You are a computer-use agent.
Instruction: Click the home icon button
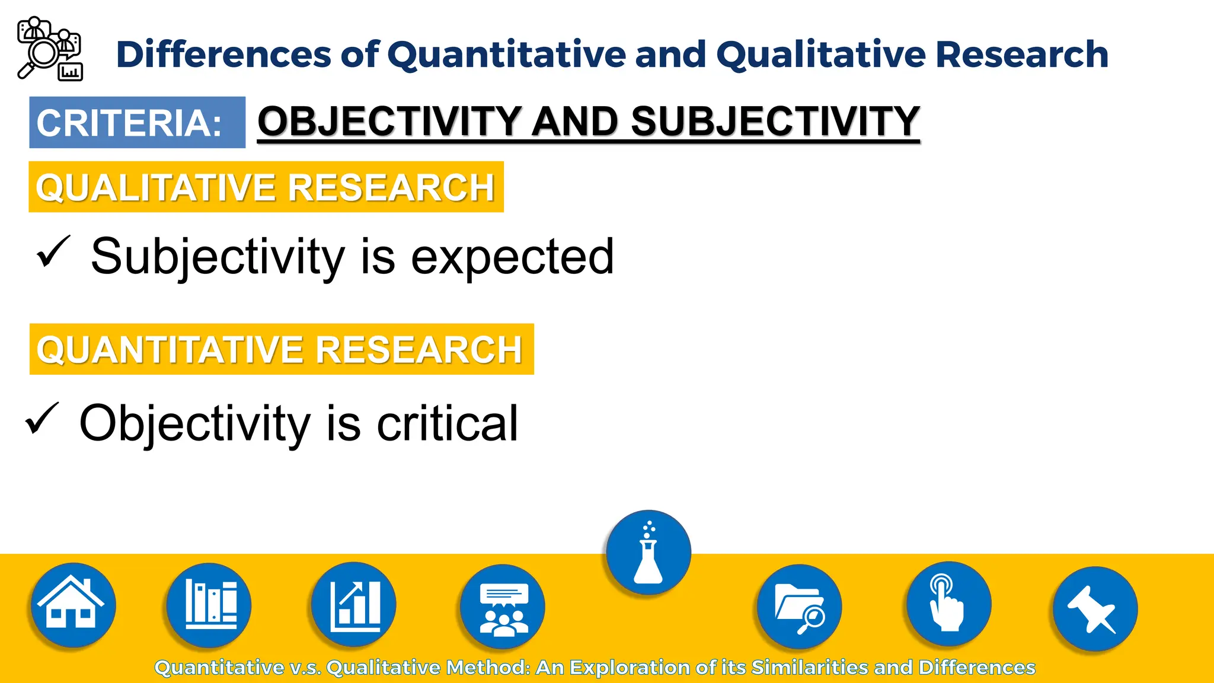pos(72,605)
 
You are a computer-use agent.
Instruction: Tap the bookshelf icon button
pos(209,605)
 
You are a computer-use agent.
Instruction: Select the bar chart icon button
pos(354,605)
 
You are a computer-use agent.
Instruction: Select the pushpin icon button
pos(1094,609)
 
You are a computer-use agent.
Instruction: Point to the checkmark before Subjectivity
pos(53,251)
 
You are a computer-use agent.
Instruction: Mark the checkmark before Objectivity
pos(42,419)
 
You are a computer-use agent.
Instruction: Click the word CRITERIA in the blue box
pos(129,123)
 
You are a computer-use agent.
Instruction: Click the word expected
pos(512,257)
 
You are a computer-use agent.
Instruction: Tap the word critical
pos(448,423)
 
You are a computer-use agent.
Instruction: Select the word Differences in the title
pos(223,55)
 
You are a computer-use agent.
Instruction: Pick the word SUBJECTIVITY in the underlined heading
pos(775,122)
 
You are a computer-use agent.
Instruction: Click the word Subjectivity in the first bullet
pos(218,257)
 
